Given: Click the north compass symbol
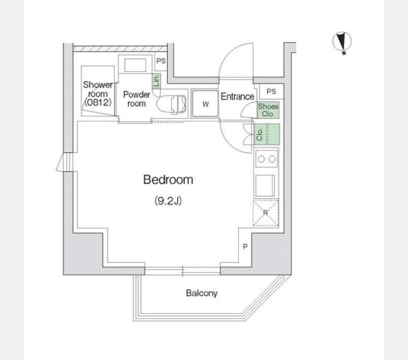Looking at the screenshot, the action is point(342,42).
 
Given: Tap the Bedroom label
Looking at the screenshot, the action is point(168,180).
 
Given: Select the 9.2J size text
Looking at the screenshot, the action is point(168,200).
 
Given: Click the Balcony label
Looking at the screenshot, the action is point(202,293).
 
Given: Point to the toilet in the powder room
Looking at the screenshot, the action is point(171,104).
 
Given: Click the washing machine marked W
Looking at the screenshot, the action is point(205,104).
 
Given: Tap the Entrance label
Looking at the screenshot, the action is point(238,97).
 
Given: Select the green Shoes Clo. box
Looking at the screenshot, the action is point(268,110).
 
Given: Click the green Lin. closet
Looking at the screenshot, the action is point(157,81).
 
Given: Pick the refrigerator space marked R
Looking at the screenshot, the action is point(266,213).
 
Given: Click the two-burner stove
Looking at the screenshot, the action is point(266,158).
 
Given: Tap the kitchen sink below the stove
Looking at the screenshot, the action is point(265,186).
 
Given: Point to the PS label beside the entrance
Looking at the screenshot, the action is point(271,91).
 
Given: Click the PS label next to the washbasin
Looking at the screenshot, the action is point(161,61).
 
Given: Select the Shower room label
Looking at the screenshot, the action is point(98,89).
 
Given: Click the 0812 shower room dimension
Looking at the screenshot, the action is point(98,102).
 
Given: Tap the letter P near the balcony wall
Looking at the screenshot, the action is point(245,246).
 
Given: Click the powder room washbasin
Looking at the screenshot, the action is point(135,65).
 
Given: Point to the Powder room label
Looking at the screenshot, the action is point(137,99).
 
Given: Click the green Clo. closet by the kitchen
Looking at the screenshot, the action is point(267,134).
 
